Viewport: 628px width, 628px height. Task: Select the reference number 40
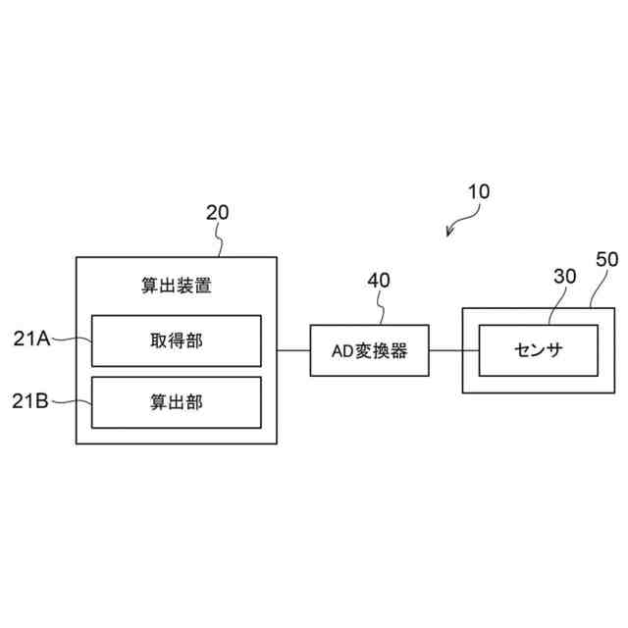(378, 280)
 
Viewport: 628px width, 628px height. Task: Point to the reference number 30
(564, 278)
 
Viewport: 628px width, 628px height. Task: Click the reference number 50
(607, 260)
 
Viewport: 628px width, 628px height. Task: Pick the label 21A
(31, 339)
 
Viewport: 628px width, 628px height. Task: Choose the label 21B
(31, 400)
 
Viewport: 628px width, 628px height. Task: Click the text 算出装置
(177, 287)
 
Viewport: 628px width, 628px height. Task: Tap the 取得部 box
(177, 340)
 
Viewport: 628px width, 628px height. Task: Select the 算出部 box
(177, 401)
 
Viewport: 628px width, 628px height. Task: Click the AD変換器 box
(371, 349)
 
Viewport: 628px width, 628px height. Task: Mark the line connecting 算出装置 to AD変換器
(293, 349)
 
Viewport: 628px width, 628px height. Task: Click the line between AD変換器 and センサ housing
(447, 349)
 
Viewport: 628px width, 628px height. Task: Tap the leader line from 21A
(71, 340)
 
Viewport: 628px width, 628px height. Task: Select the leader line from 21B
(71, 400)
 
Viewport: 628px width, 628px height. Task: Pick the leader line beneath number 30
(554, 307)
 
